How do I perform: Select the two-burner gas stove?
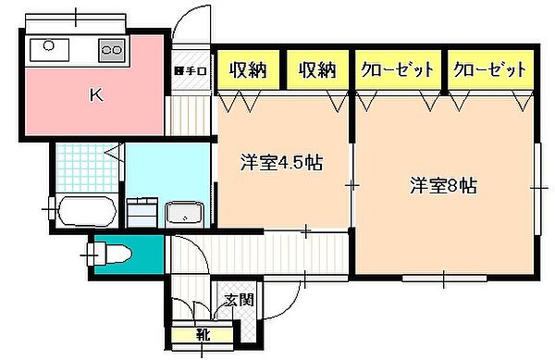[112, 48]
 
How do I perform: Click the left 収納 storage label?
[249, 68]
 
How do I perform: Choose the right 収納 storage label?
[316, 68]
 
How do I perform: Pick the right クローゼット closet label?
[489, 68]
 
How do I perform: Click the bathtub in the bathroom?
[85, 211]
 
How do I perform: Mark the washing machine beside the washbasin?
[142, 212]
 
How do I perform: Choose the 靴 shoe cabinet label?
[201, 335]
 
